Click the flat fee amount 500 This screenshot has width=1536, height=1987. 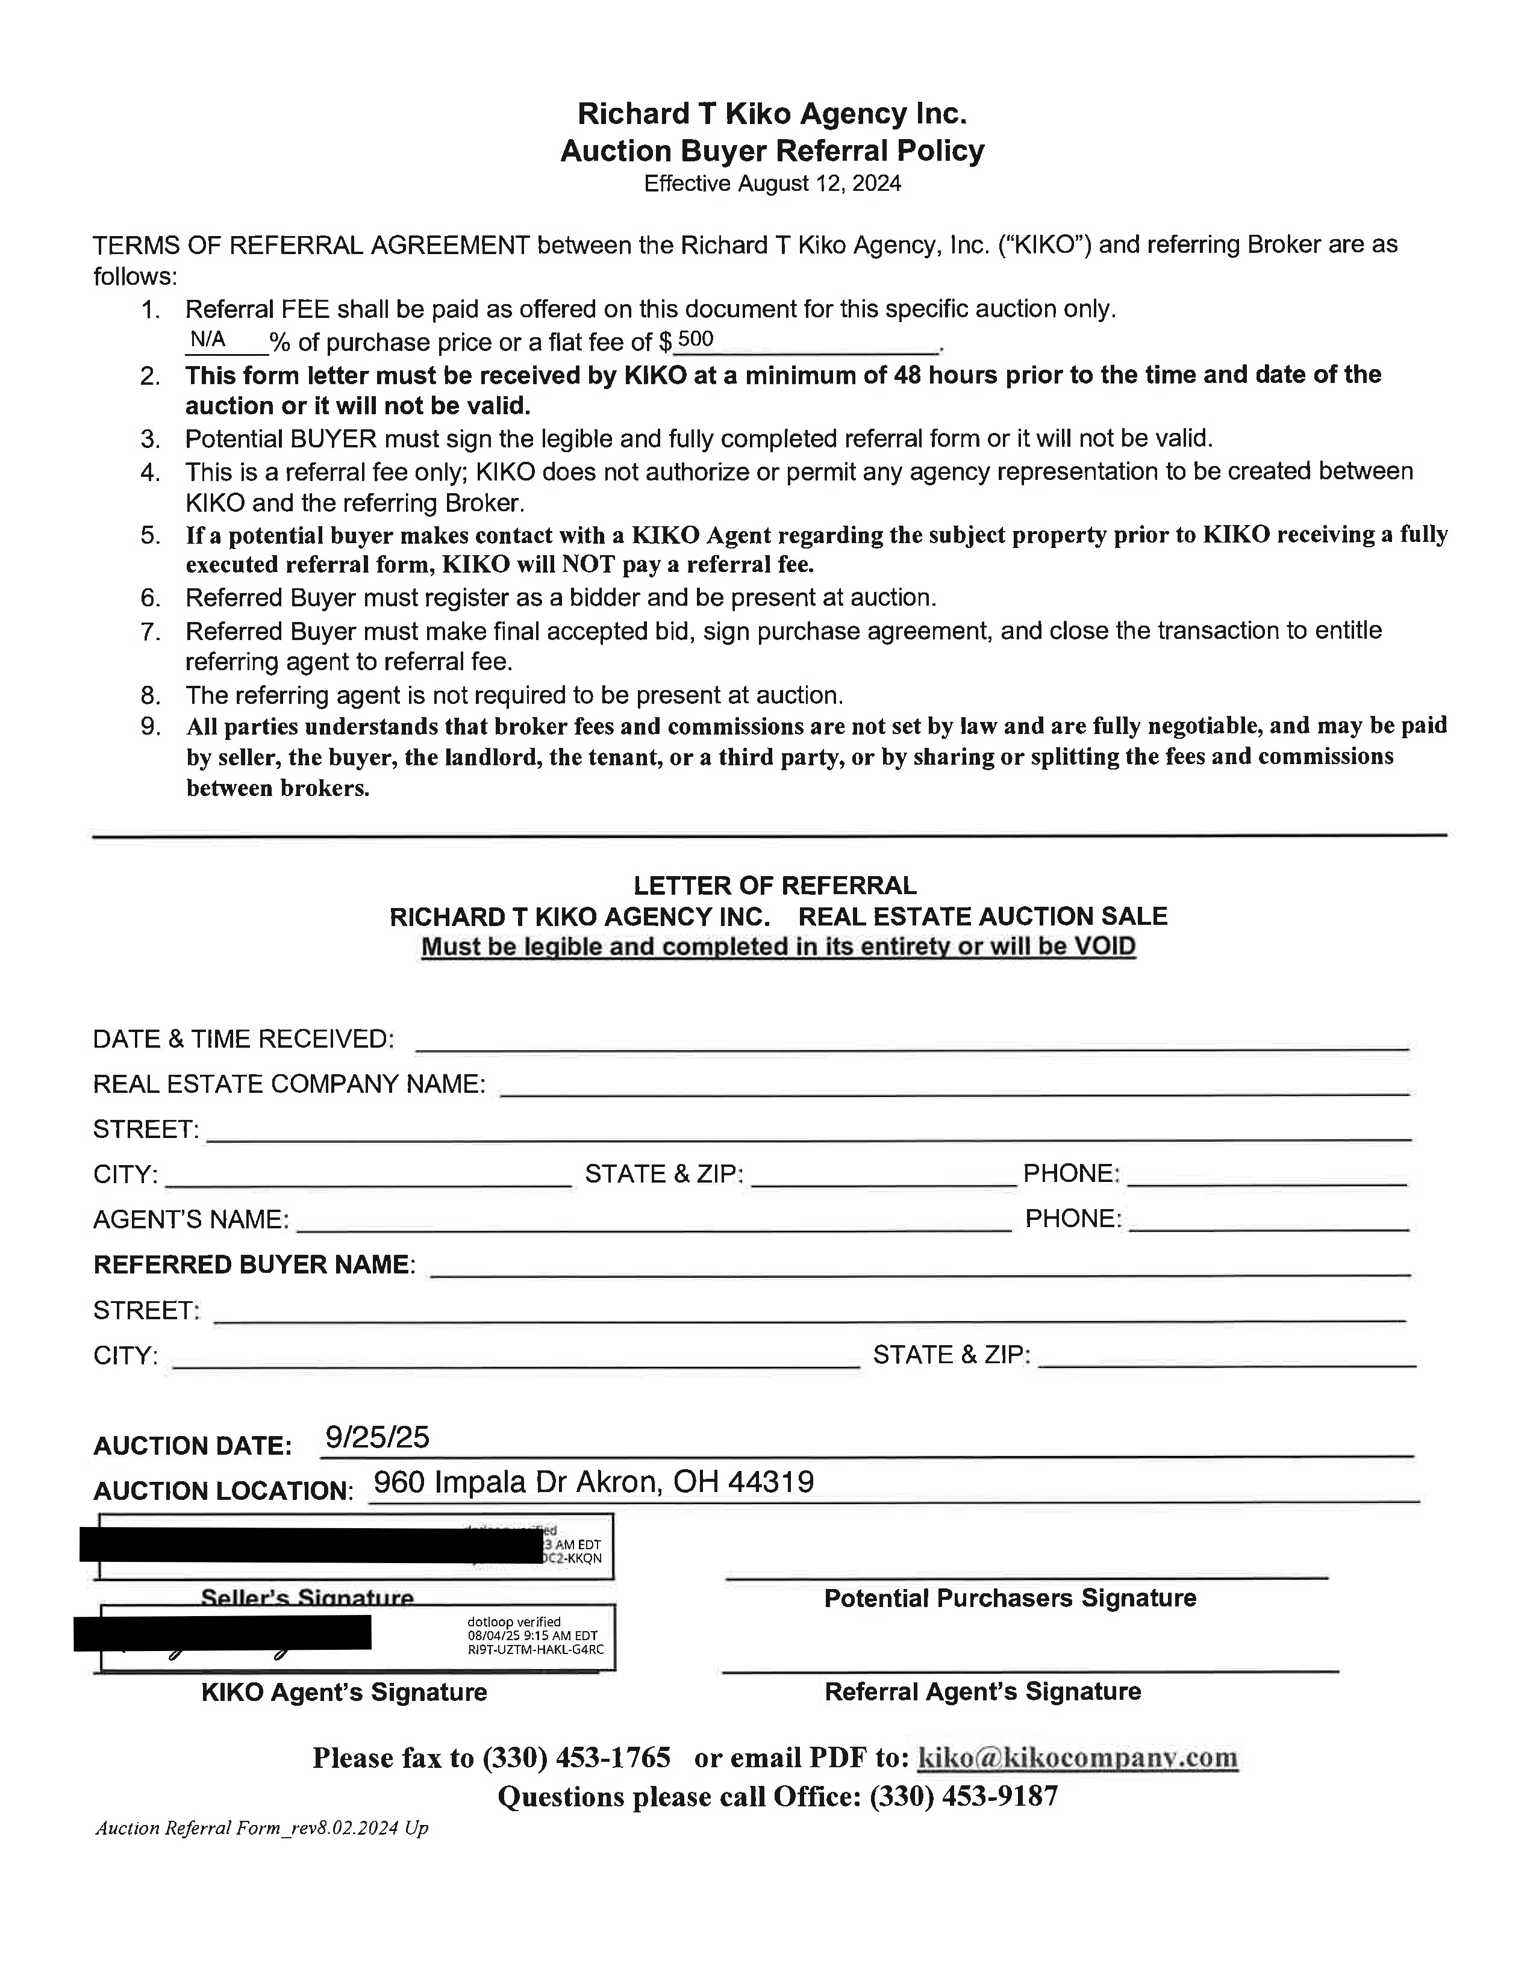coord(695,340)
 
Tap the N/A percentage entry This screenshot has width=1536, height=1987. coord(207,340)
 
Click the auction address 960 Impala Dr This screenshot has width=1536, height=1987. coord(593,1482)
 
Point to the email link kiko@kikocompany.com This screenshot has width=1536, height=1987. coord(1078,1757)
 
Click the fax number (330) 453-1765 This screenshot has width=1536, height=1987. coord(577,1757)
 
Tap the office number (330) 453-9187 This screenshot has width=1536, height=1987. coord(964,1796)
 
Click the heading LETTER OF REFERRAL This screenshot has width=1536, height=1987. coord(775,885)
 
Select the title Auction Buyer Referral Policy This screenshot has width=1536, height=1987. coord(772,150)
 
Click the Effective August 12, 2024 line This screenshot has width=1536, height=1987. coord(772,184)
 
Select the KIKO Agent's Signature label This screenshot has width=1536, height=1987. coord(344,1692)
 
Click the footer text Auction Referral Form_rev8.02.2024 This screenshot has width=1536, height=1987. coord(261,1828)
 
